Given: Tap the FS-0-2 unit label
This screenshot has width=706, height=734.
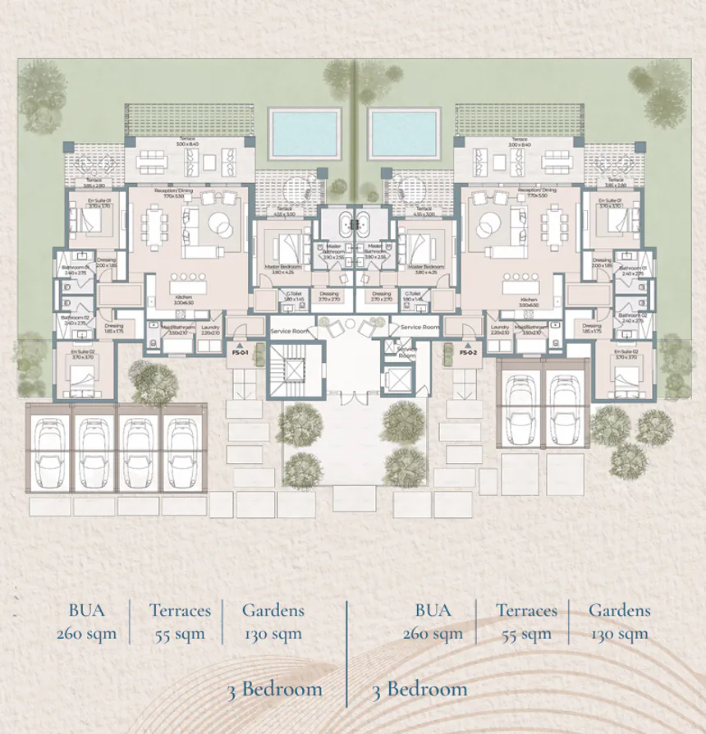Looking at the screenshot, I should (469, 352).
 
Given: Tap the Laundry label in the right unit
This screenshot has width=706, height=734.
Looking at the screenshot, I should (499, 326).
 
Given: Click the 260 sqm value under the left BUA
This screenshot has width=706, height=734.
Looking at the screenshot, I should (86, 634).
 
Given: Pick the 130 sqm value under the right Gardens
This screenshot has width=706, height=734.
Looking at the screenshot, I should (620, 634).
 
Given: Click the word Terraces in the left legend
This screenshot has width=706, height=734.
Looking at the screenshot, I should (180, 610).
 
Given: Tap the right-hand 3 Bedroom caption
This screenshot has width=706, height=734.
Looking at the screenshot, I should (419, 689).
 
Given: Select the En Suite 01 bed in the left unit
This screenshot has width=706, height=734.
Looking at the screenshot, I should (82, 221).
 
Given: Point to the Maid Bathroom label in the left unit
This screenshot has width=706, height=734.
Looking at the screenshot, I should (172, 326).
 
